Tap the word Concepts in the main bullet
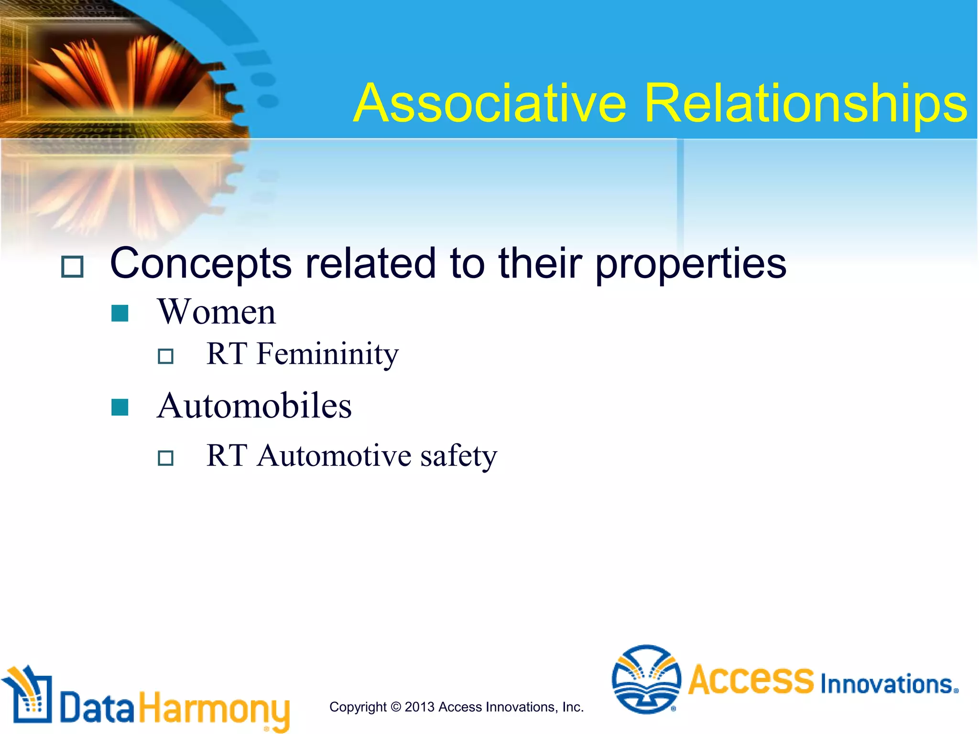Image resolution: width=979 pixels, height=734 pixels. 201,264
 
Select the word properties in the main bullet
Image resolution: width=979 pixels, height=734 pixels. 690,264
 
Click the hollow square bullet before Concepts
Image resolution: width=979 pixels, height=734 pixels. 73,267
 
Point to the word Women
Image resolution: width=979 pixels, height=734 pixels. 217,312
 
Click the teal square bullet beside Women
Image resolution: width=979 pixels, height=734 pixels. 120,313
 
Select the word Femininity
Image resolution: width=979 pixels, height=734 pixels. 327,355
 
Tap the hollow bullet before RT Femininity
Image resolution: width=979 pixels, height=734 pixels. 165,356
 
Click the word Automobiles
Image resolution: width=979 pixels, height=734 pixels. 254,406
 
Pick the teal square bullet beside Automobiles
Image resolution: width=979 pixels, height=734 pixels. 120,408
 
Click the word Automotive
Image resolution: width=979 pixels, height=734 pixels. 334,455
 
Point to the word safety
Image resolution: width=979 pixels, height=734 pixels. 459,455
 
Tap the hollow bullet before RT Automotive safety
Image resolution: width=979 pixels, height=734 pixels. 165,458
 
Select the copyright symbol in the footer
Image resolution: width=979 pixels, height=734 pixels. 396,707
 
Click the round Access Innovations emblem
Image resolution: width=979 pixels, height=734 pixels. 646,679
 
